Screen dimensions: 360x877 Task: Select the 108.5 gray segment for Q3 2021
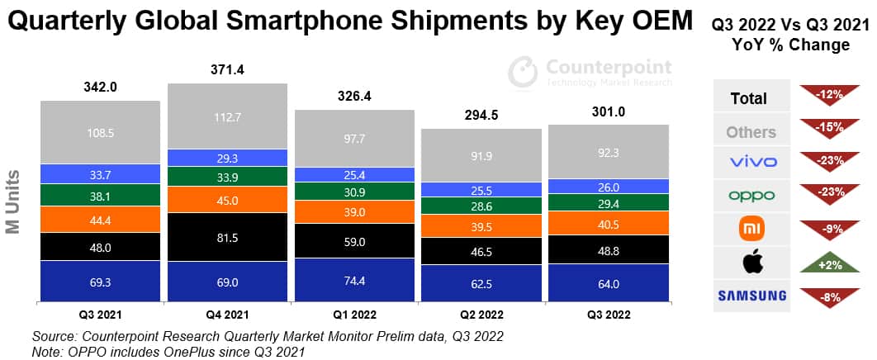click(100, 132)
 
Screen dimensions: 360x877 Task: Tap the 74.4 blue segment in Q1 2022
click(354, 280)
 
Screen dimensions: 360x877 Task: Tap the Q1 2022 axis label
click(354, 315)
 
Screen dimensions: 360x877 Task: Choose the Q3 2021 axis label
click(100, 315)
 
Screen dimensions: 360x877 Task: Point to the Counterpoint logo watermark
click(588, 71)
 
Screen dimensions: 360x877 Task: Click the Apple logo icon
click(753, 262)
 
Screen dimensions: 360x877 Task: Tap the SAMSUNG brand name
click(752, 296)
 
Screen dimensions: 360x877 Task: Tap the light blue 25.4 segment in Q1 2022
click(354, 174)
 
